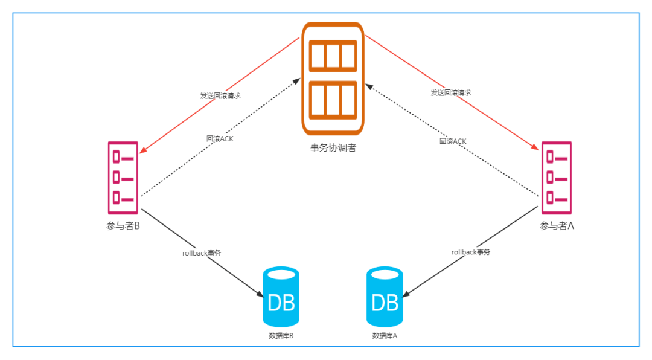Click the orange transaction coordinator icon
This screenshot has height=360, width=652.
[333, 79]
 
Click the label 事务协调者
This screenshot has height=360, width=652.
[333, 148]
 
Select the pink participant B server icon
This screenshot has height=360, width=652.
[123, 178]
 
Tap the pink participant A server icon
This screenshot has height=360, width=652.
[557, 178]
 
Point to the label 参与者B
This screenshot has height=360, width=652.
[123, 226]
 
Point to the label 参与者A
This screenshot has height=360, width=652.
[557, 226]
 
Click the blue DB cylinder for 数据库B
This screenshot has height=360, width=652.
[281, 297]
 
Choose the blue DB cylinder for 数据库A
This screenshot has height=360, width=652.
[385, 297]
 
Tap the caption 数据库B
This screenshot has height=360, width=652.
[281, 336]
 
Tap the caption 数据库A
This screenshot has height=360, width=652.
[385, 336]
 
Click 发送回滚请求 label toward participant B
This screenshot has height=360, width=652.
[220, 95]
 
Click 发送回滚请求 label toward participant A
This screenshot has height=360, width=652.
[451, 92]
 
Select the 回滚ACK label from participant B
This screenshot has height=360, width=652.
[220, 138]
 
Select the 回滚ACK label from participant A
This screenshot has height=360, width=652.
[453, 141]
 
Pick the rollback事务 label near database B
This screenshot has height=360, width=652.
[202, 253]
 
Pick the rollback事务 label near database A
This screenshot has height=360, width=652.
[471, 252]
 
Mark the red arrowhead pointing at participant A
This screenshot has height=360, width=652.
[535, 147]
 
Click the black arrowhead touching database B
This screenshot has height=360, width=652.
[260, 294]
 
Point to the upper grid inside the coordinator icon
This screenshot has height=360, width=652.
[333, 56]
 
